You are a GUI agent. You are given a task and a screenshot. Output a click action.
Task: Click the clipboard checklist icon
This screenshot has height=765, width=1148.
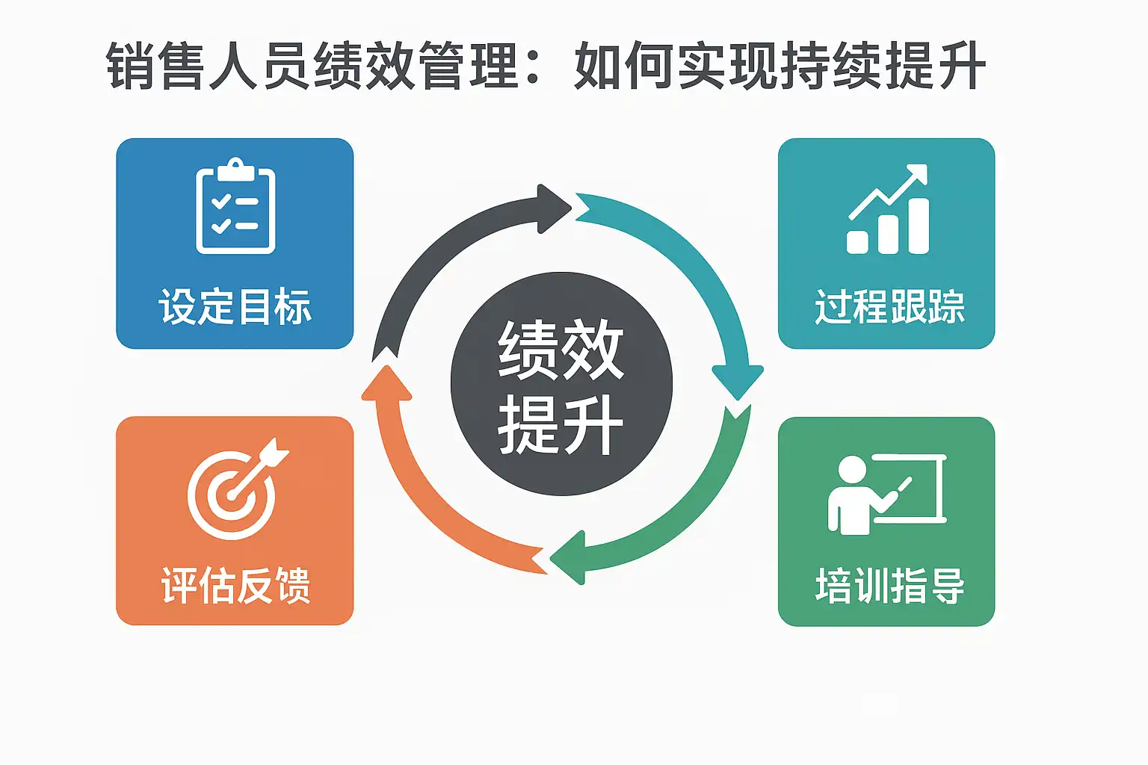(235, 208)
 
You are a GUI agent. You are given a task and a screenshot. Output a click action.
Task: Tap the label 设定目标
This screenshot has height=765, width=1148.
(235, 306)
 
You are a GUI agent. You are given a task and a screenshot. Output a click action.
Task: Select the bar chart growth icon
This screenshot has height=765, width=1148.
(888, 210)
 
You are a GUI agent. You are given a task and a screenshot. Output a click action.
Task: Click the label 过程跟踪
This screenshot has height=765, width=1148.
(889, 306)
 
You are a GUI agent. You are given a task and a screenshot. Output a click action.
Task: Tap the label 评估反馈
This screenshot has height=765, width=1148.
(235, 585)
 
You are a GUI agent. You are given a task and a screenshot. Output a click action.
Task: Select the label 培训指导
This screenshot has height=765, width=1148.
(889, 586)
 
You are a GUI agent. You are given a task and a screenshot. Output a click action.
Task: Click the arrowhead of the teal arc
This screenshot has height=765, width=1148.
(738, 380)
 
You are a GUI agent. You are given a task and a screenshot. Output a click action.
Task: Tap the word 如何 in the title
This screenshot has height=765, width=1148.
(624, 66)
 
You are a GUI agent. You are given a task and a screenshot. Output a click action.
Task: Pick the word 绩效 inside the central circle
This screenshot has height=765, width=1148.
(561, 350)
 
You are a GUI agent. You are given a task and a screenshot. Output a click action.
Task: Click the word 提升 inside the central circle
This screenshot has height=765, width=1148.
(561, 424)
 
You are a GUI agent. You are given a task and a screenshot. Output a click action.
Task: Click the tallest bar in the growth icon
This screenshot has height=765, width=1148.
(917, 226)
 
